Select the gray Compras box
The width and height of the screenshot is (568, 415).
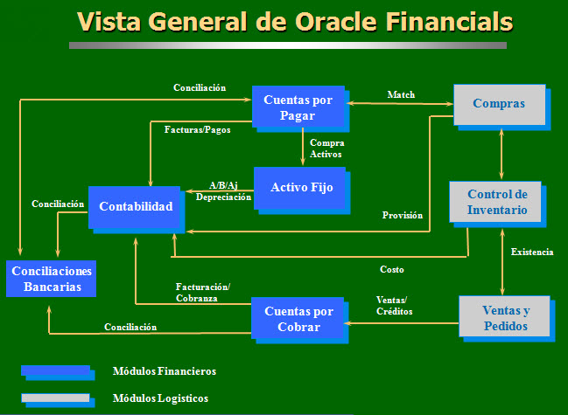click(x=499, y=104)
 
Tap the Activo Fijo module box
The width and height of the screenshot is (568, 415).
click(x=301, y=187)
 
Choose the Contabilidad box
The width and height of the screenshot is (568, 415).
click(x=136, y=206)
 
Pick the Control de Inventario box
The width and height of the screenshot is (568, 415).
click(x=496, y=202)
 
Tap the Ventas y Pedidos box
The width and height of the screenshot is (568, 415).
click(x=505, y=317)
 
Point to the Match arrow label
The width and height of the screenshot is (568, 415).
click(x=401, y=94)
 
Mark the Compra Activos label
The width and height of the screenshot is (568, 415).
click(x=327, y=148)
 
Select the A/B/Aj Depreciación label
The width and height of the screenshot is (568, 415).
click(x=223, y=191)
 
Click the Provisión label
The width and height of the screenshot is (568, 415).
click(x=403, y=215)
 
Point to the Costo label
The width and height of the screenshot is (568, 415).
click(x=391, y=269)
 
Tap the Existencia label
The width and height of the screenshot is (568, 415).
click(x=532, y=252)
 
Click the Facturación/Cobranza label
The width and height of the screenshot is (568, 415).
click(x=202, y=292)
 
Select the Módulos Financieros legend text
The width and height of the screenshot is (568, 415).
click(x=165, y=371)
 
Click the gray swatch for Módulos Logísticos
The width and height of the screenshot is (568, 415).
click(x=55, y=398)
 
